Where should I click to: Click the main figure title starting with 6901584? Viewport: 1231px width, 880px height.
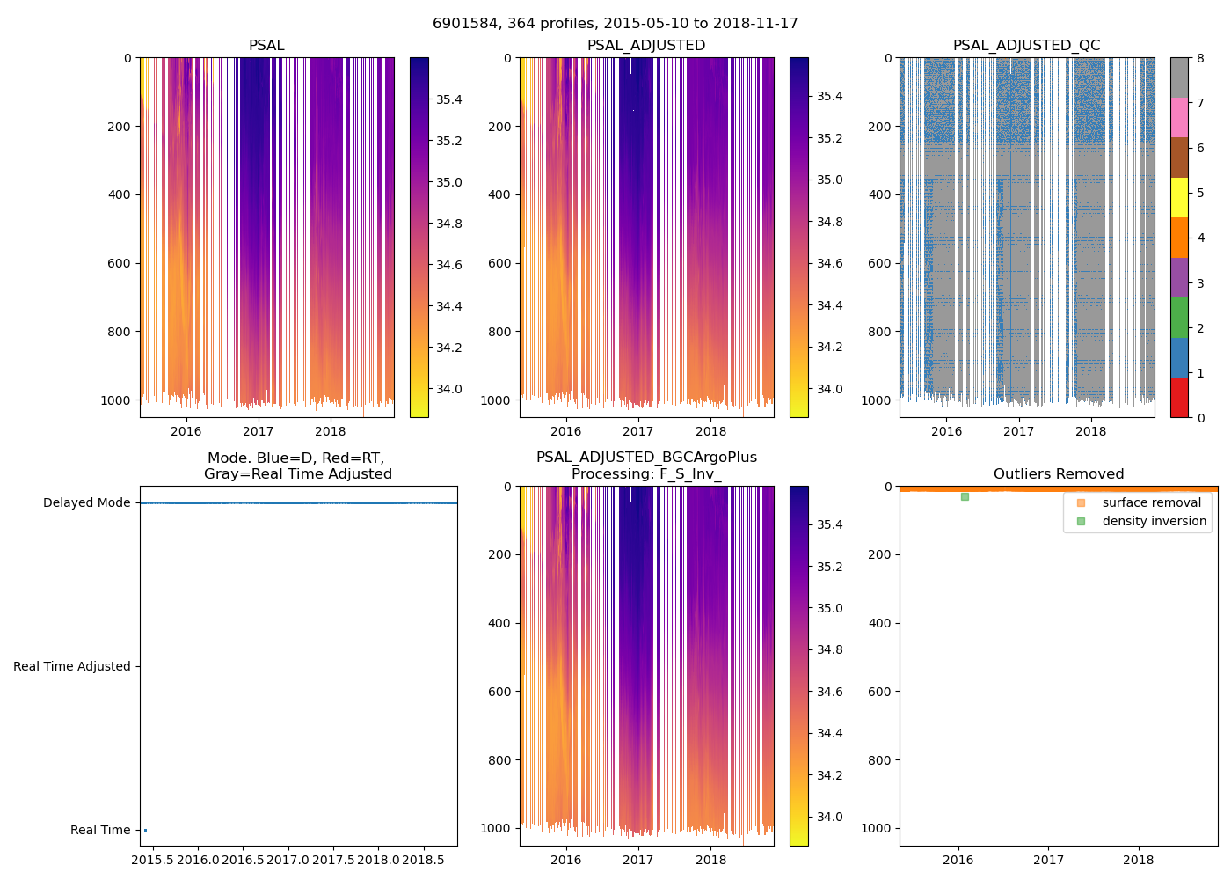point(615,24)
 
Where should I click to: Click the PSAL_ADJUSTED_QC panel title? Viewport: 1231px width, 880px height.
point(1026,46)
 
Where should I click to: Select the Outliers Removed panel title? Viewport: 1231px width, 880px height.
point(1058,474)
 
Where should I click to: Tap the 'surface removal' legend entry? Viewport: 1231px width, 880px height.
point(1151,502)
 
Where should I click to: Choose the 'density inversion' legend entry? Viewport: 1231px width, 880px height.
point(1154,521)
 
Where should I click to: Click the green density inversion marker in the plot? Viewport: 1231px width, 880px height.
point(965,496)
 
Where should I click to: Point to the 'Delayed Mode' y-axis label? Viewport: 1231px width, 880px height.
point(86,502)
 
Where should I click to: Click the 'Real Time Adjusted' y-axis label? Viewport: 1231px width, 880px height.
point(71,666)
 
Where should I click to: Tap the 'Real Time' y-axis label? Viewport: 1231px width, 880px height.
point(100,830)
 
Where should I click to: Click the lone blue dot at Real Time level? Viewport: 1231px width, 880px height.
point(145,830)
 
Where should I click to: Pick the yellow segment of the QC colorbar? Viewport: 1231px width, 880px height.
point(1179,198)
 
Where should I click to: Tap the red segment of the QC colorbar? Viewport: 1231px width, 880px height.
point(1179,398)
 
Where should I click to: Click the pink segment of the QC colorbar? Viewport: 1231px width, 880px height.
point(1179,117)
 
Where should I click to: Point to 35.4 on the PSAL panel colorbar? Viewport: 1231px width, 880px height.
point(449,99)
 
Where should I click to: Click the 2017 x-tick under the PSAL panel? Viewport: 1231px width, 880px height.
point(259,431)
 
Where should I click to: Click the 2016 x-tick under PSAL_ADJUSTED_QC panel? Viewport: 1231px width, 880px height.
point(946,431)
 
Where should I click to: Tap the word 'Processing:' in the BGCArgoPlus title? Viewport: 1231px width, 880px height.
point(613,474)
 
